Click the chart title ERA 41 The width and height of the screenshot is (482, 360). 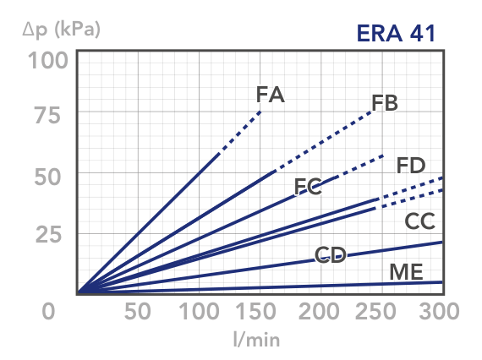pyautogui.click(x=396, y=33)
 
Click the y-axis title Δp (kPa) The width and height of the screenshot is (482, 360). pyautogui.click(x=62, y=30)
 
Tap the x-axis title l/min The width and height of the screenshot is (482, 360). pyautogui.click(x=257, y=340)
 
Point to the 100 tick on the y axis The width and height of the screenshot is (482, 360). pyautogui.click(x=48, y=61)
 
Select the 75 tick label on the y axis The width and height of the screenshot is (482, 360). pyautogui.click(x=47, y=116)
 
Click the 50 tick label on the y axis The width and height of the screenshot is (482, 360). pyautogui.click(x=47, y=177)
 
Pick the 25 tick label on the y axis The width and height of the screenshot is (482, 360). pyautogui.click(x=48, y=234)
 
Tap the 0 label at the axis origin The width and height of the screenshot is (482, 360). pyautogui.click(x=48, y=311)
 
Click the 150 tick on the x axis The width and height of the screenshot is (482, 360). pyautogui.click(x=255, y=311)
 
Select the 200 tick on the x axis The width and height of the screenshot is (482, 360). pyautogui.click(x=319, y=311)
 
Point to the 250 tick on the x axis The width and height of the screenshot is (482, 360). pyautogui.click(x=375, y=311)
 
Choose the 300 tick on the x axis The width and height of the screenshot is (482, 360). pyautogui.click(x=439, y=311)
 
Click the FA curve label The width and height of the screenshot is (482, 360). pyautogui.click(x=271, y=95)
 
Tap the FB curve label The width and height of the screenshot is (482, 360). pyautogui.click(x=385, y=103)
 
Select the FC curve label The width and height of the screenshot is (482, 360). pyautogui.click(x=308, y=187)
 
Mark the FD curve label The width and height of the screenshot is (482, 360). pyautogui.click(x=411, y=166)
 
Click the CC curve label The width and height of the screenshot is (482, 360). pyautogui.click(x=420, y=221)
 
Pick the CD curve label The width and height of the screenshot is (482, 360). pyautogui.click(x=331, y=255)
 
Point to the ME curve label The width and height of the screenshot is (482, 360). pyautogui.click(x=406, y=272)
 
